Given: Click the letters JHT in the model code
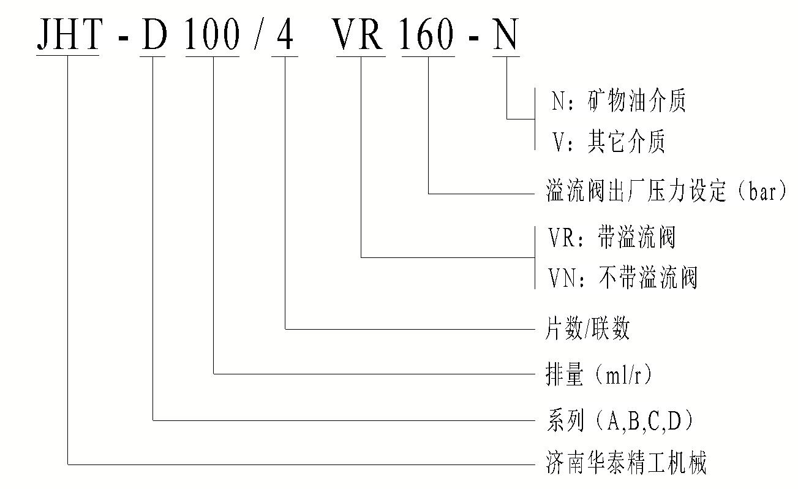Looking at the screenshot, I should pos(68,34).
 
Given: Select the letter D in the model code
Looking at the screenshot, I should pos(153,34).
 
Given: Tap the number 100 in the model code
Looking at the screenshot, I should pos(212,34).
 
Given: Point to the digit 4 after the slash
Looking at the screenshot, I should pos(285,34).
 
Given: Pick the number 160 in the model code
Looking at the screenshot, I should pos(427,34).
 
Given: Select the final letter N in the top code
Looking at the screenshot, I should pos(506,34).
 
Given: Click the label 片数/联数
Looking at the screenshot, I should pos(587,330).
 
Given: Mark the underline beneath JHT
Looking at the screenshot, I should pos(68,56).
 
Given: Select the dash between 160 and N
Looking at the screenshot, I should pos(473,40).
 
